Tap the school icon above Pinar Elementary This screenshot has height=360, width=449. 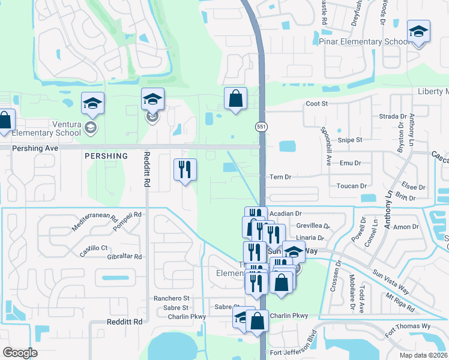click(418, 31)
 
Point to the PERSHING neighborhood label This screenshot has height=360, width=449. click(106, 156)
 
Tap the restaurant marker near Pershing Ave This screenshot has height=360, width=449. click(185, 170)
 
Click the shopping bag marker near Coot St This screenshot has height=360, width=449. click(235, 98)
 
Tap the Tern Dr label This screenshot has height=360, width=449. click(280, 177)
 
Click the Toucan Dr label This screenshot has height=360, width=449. click(351, 187)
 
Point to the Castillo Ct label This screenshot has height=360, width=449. click(93, 248)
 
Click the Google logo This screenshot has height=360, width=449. click(20, 353)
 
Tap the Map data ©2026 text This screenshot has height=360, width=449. click(423, 355)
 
